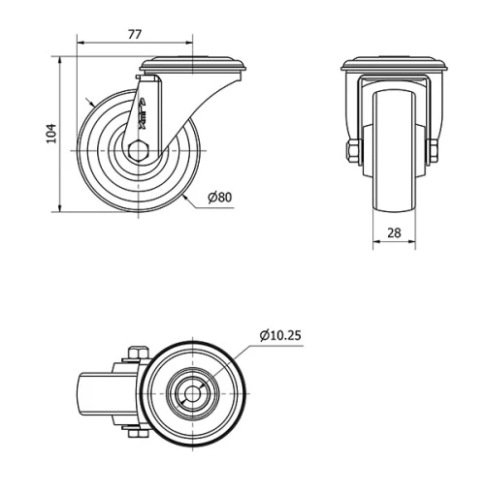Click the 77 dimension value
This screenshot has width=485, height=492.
135,34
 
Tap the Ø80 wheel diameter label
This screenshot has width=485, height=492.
220,199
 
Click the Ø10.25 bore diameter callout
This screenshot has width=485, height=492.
280,336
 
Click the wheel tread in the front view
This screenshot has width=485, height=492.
394,145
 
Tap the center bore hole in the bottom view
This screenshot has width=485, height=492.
194,394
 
